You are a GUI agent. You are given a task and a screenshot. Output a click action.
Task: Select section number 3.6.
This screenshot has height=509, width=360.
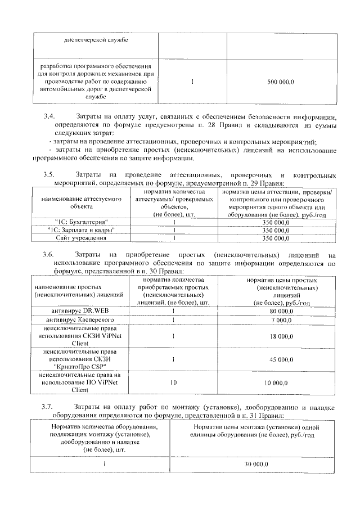(48, 256)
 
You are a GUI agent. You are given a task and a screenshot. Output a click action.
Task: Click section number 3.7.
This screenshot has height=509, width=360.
(48, 407)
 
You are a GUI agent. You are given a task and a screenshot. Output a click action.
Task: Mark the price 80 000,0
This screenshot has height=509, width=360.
(282, 311)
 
